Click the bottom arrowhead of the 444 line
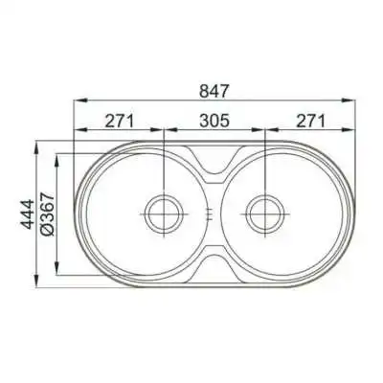pos(39,284)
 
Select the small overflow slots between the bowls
pos(212,212)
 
